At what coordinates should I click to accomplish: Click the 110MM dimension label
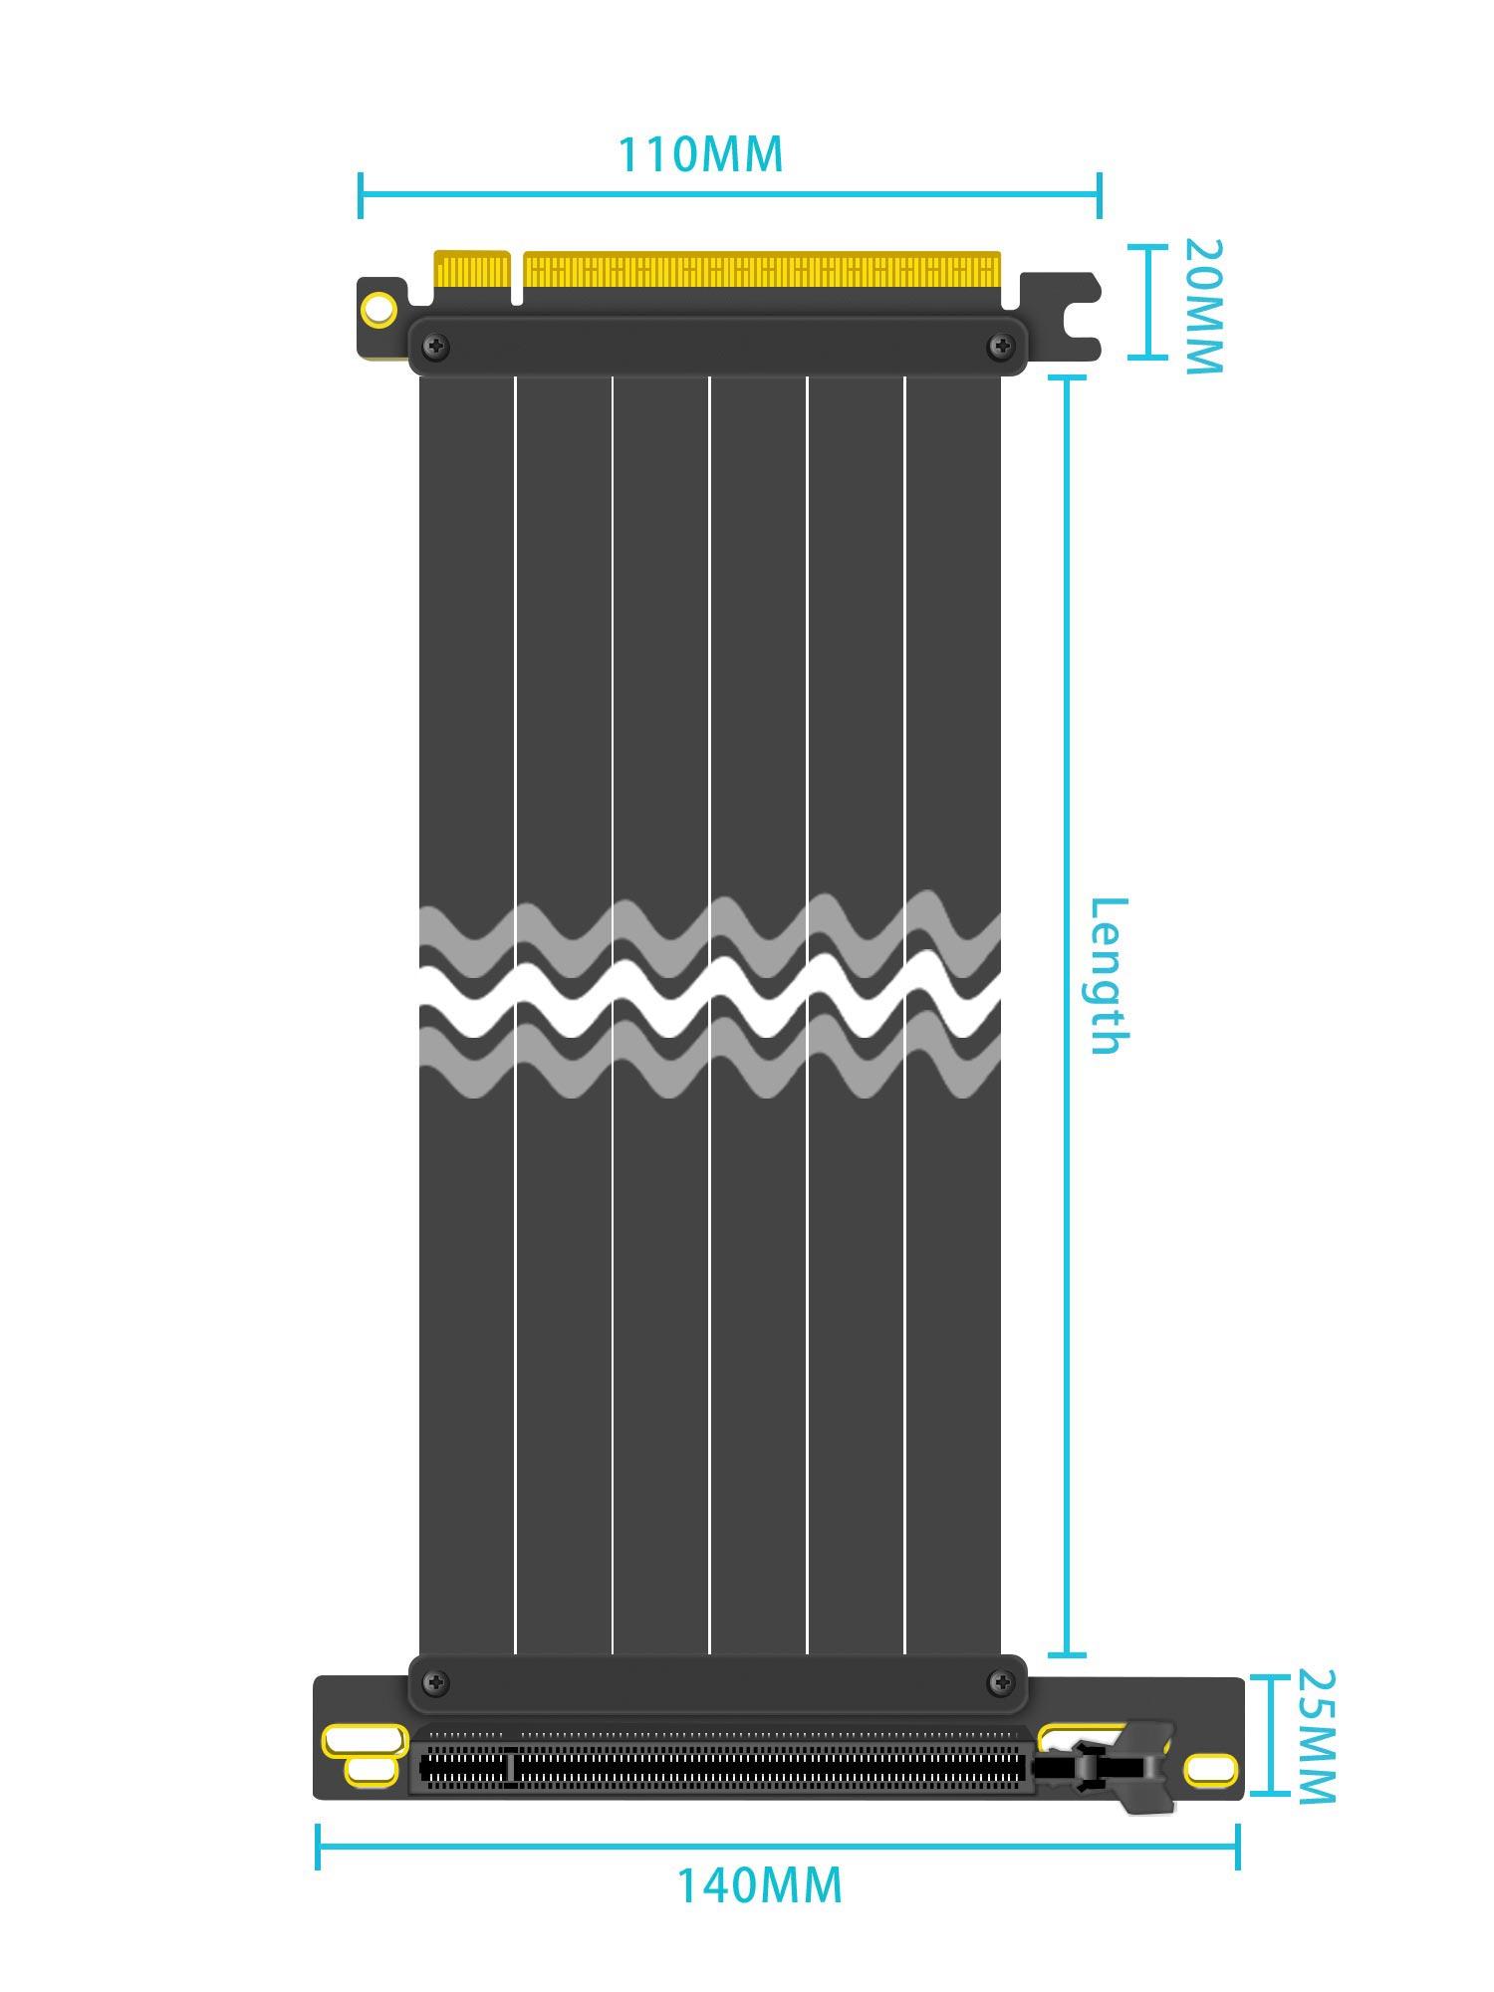click(700, 154)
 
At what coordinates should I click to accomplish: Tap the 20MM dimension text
click(1202, 307)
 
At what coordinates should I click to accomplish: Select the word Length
click(1108, 975)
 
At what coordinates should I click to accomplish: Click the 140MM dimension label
click(759, 1885)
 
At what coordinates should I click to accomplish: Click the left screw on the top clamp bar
click(436, 347)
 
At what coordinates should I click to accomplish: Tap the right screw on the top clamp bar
click(999, 347)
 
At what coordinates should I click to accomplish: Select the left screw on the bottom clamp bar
click(436, 1683)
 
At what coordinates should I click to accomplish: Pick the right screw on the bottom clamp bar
click(999, 1683)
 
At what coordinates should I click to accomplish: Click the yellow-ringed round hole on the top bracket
click(378, 310)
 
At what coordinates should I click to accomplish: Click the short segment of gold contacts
click(472, 271)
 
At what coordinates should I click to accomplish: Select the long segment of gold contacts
click(762, 270)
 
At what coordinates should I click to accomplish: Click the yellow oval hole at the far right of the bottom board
click(1210, 1769)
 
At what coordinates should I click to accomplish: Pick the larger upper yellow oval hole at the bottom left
click(365, 1740)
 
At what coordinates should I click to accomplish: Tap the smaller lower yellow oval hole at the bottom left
click(371, 1770)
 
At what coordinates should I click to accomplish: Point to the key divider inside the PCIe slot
click(511, 1767)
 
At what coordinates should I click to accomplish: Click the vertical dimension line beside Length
click(1068, 1016)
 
